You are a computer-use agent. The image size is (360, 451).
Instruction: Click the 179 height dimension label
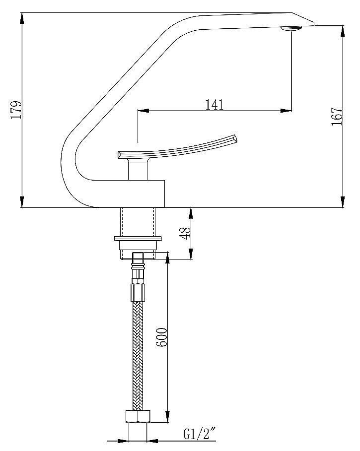pos(16,110)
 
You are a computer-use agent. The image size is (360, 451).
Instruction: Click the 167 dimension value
pos(337,116)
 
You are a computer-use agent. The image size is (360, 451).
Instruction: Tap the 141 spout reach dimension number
pos(215,105)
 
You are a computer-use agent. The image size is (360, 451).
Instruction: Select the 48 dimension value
pos(186,233)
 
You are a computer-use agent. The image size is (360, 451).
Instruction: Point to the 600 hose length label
pos(162,337)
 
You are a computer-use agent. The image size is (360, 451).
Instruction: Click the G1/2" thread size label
pos(200,434)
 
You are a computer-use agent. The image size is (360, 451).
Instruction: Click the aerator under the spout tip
pos(291,28)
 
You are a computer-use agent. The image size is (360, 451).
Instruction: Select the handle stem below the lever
pos(138,170)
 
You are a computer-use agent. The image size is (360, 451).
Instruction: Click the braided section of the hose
pos(138,356)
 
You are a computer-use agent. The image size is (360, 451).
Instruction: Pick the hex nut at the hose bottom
pos(138,416)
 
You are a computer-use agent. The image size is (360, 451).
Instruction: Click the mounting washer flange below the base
pos(138,238)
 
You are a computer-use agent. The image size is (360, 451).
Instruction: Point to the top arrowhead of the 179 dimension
pos(22,18)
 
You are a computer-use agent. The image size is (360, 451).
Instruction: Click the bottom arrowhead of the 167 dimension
pos(343,201)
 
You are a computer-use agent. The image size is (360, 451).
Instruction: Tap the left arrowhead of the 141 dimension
pos(144,111)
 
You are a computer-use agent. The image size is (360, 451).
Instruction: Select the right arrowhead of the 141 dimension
pos(286,111)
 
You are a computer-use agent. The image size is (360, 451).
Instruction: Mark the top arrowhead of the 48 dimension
pos(191,213)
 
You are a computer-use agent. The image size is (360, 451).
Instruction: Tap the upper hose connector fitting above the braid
pos(138,277)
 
